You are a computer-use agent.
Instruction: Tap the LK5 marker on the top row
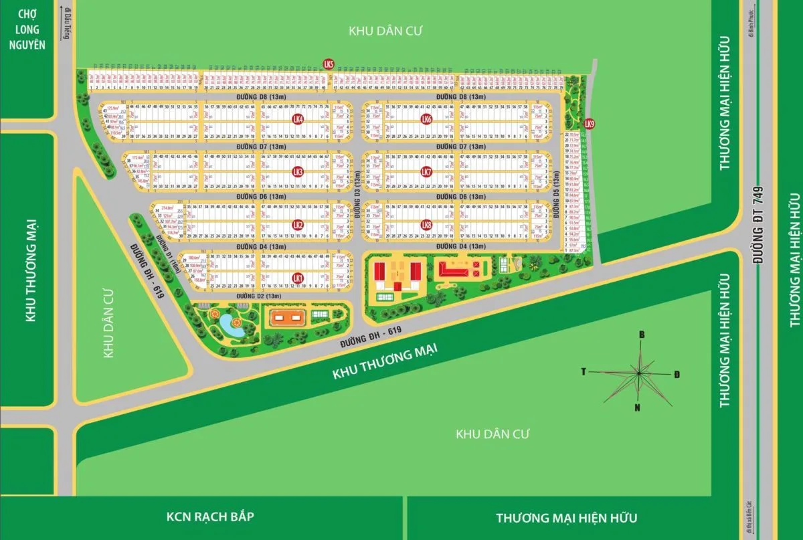point(328,64)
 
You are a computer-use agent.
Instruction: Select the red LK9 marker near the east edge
point(589,124)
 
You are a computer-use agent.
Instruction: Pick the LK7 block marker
point(426,172)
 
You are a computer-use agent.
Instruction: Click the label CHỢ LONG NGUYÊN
point(27,29)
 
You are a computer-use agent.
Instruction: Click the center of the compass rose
point(640,372)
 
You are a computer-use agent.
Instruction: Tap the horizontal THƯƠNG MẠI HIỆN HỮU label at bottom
point(567,517)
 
